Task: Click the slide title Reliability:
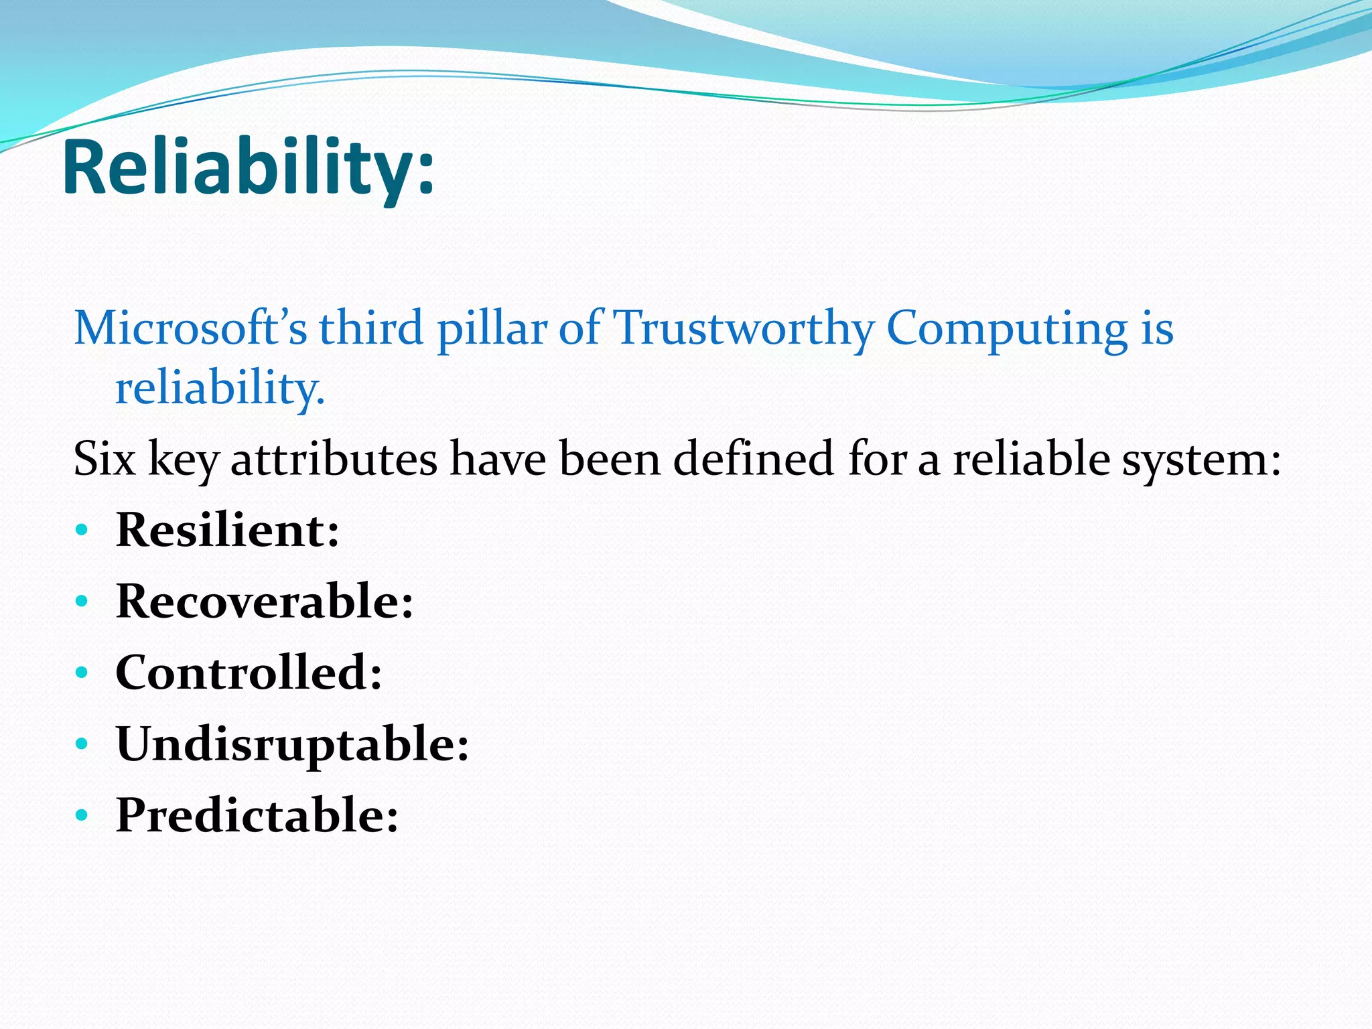point(249,167)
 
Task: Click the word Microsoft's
point(190,329)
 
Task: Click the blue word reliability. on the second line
point(220,389)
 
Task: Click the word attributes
point(334,460)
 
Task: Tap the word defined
point(753,460)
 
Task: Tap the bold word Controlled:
point(249,673)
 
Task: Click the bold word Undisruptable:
point(292,745)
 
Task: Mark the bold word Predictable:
point(257,816)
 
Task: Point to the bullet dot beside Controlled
point(82,673)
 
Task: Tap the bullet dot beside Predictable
point(82,816)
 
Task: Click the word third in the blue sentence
point(371,329)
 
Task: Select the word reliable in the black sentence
point(1031,460)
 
